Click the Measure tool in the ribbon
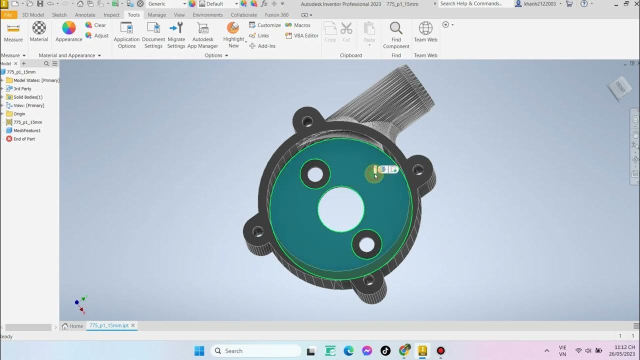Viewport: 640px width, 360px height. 13,31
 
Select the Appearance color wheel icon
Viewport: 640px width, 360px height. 68,28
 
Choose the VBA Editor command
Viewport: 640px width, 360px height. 301,35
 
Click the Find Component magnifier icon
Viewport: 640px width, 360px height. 396,28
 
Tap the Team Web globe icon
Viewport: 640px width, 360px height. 425,28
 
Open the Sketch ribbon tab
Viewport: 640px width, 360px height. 59,15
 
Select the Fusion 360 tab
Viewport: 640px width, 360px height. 276,15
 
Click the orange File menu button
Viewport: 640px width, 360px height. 8,15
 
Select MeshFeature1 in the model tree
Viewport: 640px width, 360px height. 27,130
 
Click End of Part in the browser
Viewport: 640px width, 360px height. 24,139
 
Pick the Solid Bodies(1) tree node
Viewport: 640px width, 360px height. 27,97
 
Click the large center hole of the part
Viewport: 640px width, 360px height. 341,209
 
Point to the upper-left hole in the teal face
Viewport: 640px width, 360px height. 315,174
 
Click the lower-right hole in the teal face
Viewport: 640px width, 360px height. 366,244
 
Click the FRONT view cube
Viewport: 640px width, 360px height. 619,87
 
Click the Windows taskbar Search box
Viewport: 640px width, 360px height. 255,351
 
